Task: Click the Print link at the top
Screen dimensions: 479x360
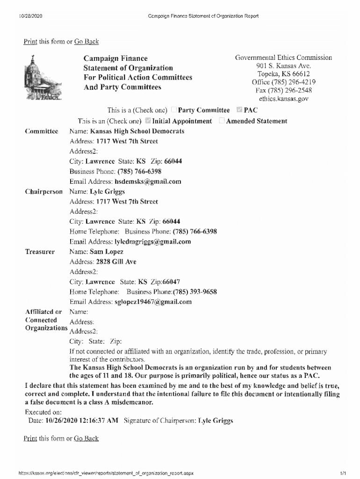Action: click(30, 42)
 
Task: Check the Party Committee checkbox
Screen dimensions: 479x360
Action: click(174, 110)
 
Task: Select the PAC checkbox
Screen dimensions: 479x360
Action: click(239, 110)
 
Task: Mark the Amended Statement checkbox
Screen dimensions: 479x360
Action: click(222, 121)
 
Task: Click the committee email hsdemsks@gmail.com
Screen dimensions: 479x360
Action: click(148, 181)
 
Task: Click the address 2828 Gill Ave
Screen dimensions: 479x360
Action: click(116, 262)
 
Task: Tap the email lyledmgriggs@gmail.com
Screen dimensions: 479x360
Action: click(153, 242)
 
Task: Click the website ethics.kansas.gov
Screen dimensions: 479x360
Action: click(283, 99)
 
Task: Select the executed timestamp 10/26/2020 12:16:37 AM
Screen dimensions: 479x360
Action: click(82, 421)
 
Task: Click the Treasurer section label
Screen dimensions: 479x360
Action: click(40, 252)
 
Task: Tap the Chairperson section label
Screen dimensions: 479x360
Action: click(43, 191)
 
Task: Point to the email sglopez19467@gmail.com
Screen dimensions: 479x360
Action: click(153, 302)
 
